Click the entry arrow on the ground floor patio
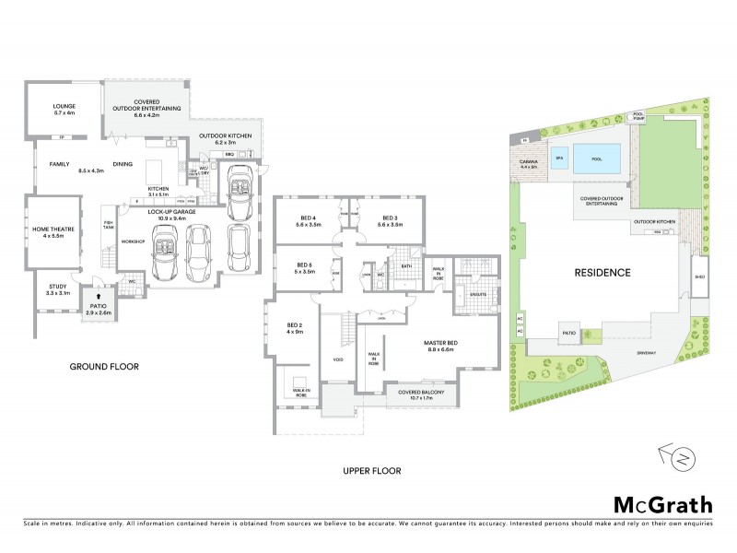(x=98, y=298)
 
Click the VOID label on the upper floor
(x=337, y=359)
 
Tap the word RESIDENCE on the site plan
(x=602, y=273)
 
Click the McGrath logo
(x=662, y=504)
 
